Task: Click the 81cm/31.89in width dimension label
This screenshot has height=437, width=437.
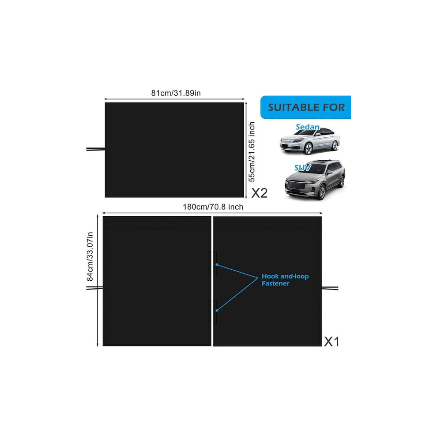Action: pyautogui.click(x=176, y=93)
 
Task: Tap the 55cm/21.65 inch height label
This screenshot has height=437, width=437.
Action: pyautogui.click(x=252, y=151)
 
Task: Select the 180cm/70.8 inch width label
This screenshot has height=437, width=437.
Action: pyautogui.click(x=213, y=207)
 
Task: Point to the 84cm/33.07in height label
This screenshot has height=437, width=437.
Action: pyautogui.click(x=90, y=256)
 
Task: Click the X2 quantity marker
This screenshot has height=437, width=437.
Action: pyautogui.click(x=260, y=193)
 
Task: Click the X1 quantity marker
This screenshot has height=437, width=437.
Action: pyautogui.click(x=332, y=341)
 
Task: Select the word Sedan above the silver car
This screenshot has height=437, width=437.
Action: pyautogui.click(x=308, y=127)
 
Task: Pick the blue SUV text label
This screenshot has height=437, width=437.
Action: pyautogui.click(x=303, y=168)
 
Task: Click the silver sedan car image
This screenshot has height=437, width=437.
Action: pyautogui.click(x=310, y=142)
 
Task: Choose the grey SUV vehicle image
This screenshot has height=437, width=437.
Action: pyautogui.click(x=315, y=180)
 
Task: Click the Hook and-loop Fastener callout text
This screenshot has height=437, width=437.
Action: pyautogui.click(x=285, y=280)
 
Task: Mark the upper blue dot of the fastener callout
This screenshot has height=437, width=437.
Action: pyautogui.click(x=217, y=264)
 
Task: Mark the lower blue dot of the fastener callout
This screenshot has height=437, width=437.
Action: pyautogui.click(x=217, y=310)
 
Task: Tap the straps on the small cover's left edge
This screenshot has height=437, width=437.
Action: pyautogui.click(x=96, y=149)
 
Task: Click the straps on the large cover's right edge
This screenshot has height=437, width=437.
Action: pyautogui.click(x=330, y=288)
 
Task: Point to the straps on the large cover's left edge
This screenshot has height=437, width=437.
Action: pyautogui.click(x=94, y=288)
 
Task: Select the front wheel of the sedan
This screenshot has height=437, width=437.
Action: pyautogui.click(x=308, y=149)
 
